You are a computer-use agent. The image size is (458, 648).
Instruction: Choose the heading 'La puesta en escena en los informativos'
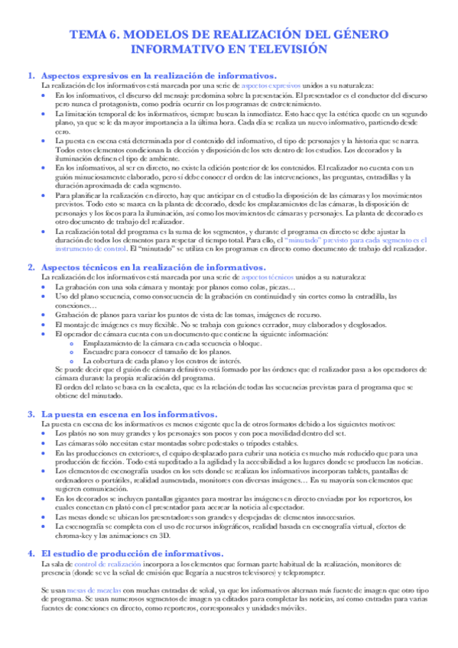[x=128, y=413]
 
